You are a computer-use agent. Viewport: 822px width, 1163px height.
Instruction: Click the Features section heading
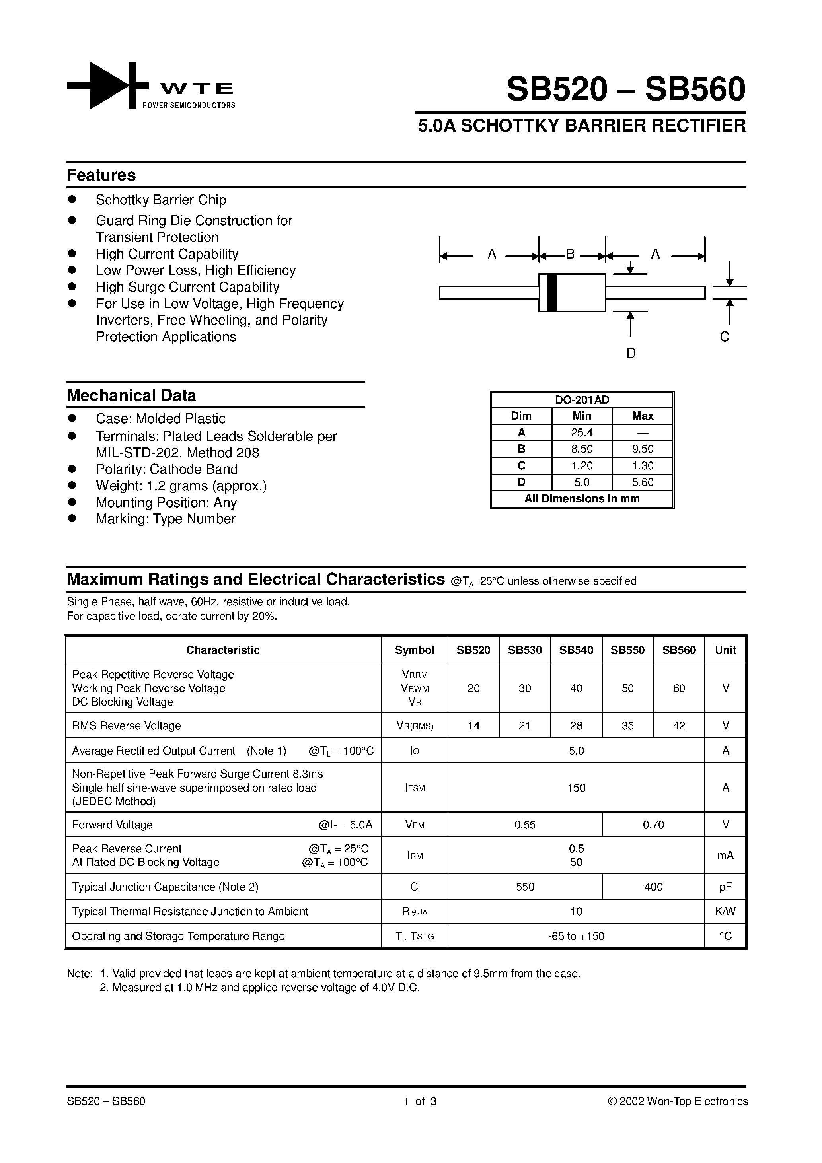click(x=101, y=175)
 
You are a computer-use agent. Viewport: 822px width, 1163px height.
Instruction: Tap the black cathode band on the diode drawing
click(x=552, y=293)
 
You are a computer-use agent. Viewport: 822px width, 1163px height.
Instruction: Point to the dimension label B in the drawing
click(x=570, y=254)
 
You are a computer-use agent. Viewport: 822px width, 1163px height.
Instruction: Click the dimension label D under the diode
click(x=631, y=354)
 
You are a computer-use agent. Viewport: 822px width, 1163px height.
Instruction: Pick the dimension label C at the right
click(x=725, y=337)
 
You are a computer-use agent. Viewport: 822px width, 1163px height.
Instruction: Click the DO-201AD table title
click(x=582, y=400)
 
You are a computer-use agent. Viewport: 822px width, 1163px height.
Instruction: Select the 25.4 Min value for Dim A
click(x=582, y=433)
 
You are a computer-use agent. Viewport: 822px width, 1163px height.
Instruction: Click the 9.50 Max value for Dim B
click(x=643, y=449)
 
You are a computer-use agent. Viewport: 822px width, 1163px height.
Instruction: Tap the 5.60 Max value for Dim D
click(x=643, y=482)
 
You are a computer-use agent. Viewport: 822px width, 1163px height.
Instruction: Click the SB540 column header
click(x=576, y=650)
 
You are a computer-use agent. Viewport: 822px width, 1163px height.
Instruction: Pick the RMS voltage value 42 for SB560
click(x=679, y=725)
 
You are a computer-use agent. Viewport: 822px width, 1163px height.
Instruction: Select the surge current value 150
click(x=576, y=788)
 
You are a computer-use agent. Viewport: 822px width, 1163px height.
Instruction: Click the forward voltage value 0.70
click(x=653, y=825)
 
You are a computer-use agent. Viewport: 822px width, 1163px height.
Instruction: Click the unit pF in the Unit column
click(x=725, y=887)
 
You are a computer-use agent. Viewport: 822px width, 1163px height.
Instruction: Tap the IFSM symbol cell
click(x=415, y=788)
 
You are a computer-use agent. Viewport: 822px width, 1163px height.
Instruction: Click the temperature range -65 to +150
click(x=576, y=936)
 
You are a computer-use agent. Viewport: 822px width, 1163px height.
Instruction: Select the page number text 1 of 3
click(x=420, y=1101)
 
